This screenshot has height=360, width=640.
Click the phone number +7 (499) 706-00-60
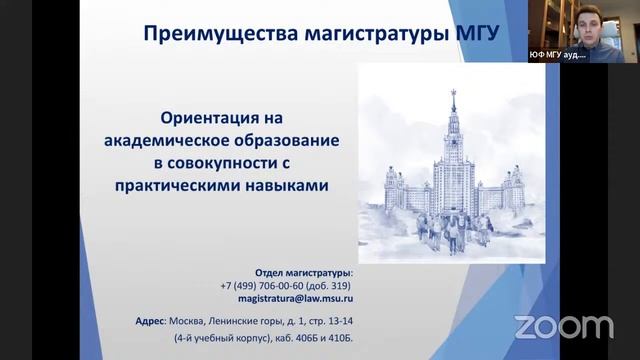[x=266, y=285]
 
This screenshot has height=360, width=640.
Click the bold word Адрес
[x=152, y=321]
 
